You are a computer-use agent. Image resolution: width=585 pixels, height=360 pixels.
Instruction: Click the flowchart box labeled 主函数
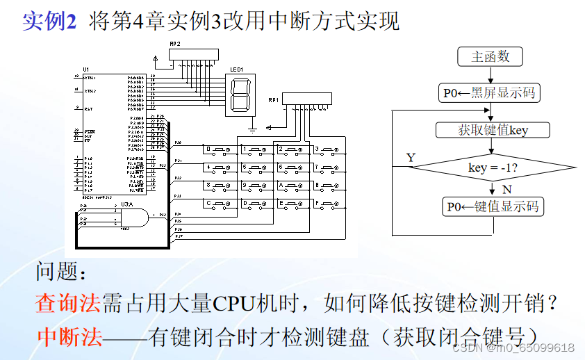[x=490, y=57]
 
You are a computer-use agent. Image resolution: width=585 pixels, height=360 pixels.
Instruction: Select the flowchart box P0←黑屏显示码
[x=490, y=92]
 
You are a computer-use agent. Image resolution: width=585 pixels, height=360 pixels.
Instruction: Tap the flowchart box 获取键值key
[x=493, y=130]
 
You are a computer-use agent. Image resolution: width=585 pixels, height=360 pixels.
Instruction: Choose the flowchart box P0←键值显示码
[x=493, y=206]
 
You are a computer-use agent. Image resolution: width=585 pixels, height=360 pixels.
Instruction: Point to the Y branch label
[x=411, y=158]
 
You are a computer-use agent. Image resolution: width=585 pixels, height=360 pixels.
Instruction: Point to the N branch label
[x=508, y=188]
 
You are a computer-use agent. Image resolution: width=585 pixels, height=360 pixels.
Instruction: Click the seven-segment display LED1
[x=240, y=95]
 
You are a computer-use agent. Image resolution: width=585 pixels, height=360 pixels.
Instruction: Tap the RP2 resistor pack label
[x=175, y=44]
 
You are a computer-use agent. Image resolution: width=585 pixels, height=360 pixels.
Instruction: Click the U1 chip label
[x=85, y=69]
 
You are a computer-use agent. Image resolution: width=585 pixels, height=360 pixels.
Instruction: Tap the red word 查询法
[x=68, y=303]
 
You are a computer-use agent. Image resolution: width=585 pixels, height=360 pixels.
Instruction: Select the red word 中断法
[x=69, y=337]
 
